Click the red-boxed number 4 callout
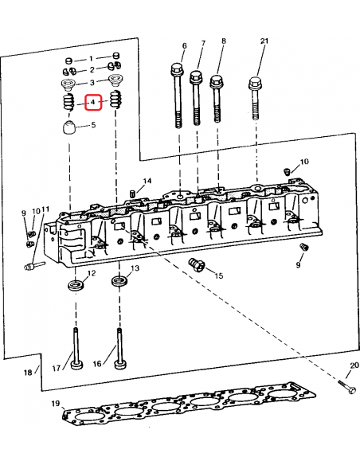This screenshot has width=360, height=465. (x=93, y=102)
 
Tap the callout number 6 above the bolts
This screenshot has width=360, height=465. (x=184, y=45)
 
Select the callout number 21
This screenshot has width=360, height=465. (x=264, y=41)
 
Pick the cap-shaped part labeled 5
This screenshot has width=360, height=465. (x=68, y=127)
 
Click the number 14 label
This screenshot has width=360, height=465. (x=146, y=182)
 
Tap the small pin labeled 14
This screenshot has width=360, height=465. (x=129, y=194)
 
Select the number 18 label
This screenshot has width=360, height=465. (x=28, y=372)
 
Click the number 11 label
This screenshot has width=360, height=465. (x=45, y=210)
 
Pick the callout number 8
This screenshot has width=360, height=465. (x=223, y=41)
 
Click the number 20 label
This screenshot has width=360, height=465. (x=354, y=365)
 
